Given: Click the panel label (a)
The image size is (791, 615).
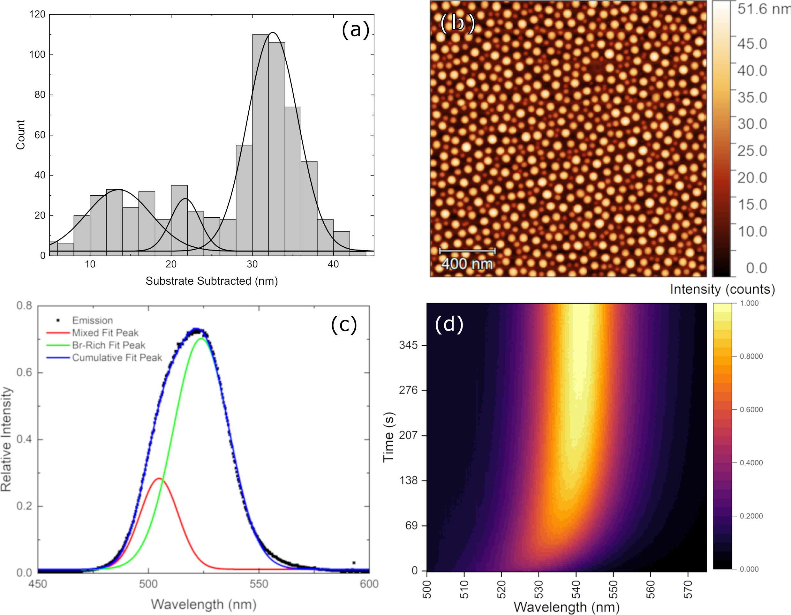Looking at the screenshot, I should click(x=355, y=30).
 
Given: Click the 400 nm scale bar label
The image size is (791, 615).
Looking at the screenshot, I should click(x=467, y=264).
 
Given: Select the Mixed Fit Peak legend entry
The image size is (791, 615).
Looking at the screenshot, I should click(x=105, y=333).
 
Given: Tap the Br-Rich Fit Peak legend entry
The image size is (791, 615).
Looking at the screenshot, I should click(x=108, y=345).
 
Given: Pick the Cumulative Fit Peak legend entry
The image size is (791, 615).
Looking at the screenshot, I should click(x=117, y=357).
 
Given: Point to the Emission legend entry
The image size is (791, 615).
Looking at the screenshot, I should click(x=92, y=320).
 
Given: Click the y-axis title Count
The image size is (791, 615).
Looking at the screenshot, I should click(x=20, y=135).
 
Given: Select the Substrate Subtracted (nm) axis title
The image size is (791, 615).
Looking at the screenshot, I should click(x=212, y=281).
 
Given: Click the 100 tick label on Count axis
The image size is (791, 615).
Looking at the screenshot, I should click(x=37, y=55).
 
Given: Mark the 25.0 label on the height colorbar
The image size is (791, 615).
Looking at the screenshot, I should click(x=752, y=151).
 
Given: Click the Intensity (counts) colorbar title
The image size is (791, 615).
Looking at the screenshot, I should click(x=722, y=289).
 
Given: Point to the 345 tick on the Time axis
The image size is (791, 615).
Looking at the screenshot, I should click(x=408, y=345).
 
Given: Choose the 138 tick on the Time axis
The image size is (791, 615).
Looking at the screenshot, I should click(x=408, y=481).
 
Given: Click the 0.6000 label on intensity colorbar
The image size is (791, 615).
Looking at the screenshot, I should click(x=751, y=410).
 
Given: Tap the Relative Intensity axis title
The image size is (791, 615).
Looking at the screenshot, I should click(x=6, y=439).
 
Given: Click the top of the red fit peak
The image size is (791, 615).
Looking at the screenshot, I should click(x=159, y=478).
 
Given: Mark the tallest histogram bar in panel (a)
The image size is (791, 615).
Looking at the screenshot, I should click(x=260, y=145).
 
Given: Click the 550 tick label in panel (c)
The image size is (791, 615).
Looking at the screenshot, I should click(x=259, y=584).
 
